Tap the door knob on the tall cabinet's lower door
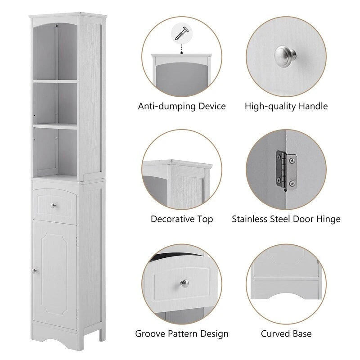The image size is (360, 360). (34, 270)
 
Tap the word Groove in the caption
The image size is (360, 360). (149, 334)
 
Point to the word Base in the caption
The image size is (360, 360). (301, 334)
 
